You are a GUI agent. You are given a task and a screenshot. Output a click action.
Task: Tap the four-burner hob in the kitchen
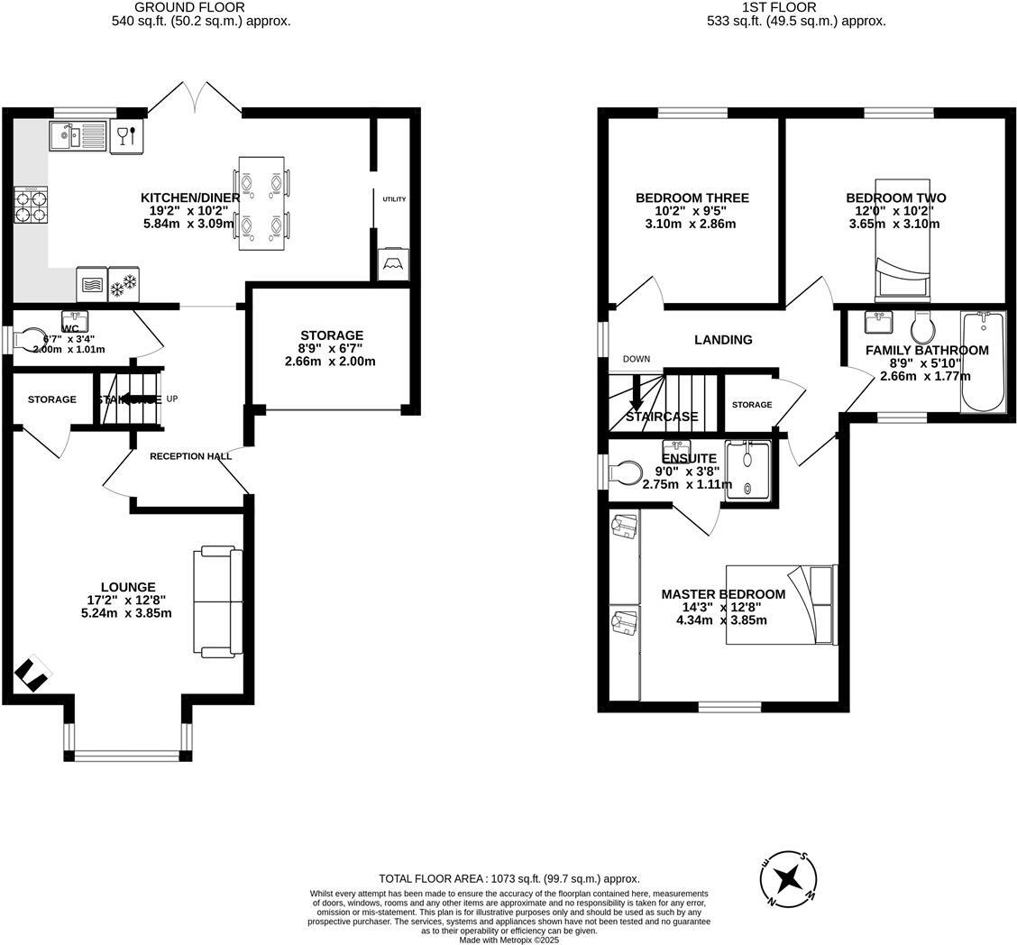tap(31, 205)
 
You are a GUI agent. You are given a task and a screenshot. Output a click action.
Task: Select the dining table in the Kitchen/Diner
tap(261, 204)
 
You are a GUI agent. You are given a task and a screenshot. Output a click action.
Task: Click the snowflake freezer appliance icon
tap(123, 285)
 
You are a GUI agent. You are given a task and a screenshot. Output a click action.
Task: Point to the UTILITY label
tap(394, 199)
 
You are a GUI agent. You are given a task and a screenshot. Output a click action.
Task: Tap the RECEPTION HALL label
tap(190, 456)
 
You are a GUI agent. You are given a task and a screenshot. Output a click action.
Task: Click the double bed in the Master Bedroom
tap(782, 604)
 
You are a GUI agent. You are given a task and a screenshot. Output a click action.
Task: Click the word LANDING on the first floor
tap(723, 340)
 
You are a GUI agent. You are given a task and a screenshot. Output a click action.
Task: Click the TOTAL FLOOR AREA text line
tap(508, 878)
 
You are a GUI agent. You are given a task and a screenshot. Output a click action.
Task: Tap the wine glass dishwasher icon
tap(126, 136)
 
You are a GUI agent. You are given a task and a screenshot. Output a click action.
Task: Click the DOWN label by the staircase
tap(636, 359)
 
